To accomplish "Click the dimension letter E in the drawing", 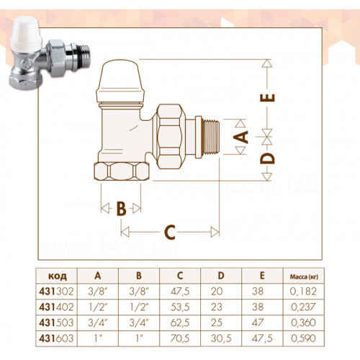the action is tap(268, 98).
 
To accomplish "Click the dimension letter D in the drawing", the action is tap(267, 158).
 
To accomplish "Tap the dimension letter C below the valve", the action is tap(170, 232).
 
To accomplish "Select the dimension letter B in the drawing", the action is tap(121, 208).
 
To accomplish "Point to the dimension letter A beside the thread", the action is tap(240, 137).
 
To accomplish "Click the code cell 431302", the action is tap(56, 292).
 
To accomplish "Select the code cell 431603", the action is tap(56, 338).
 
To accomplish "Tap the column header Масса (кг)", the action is tap(304, 276).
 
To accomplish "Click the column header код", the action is tap(58, 276).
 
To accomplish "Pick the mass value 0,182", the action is tap(303, 292).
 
